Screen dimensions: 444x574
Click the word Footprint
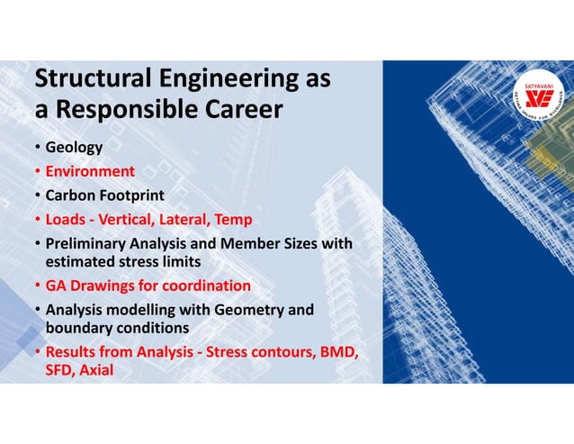pyautogui.click(x=131, y=195)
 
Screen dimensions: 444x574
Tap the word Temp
pyautogui.click(x=233, y=219)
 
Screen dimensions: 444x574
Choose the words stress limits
pyautogui.click(x=159, y=262)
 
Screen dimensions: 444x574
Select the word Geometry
pyautogui.click(x=245, y=311)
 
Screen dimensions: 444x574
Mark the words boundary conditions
pyautogui.click(x=117, y=328)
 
